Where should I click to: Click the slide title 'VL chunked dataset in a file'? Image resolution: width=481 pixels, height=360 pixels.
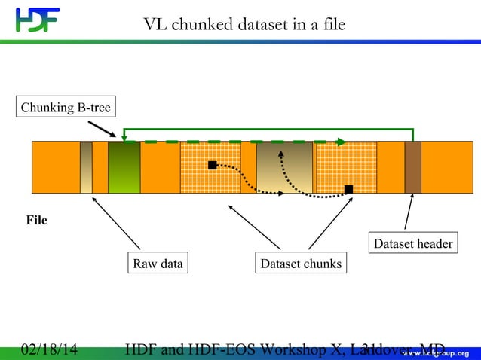pyautogui.click(x=244, y=25)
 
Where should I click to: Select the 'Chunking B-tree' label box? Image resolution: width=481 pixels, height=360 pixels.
pyautogui.click(x=66, y=108)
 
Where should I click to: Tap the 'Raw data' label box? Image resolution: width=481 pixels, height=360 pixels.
pyautogui.click(x=158, y=264)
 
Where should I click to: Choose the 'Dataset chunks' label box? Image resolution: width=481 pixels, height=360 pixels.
pyautogui.click(x=301, y=264)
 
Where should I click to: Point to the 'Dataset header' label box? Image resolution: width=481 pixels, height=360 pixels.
pyautogui.click(x=413, y=243)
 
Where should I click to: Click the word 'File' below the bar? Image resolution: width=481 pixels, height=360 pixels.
pyautogui.click(x=37, y=221)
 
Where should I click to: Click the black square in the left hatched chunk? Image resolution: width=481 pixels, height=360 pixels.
pyautogui.click(x=213, y=165)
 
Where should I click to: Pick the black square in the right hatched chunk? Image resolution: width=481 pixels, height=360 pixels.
pyautogui.click(x=348, y=189)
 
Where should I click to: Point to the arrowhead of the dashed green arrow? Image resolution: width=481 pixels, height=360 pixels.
pyautogui.click(x=342, y=142)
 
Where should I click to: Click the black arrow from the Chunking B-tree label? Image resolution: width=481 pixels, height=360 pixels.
pyautogui.click(x=103, y=130)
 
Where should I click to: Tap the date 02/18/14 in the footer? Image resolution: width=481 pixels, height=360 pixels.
pyautogui.click(x=49, y=350)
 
